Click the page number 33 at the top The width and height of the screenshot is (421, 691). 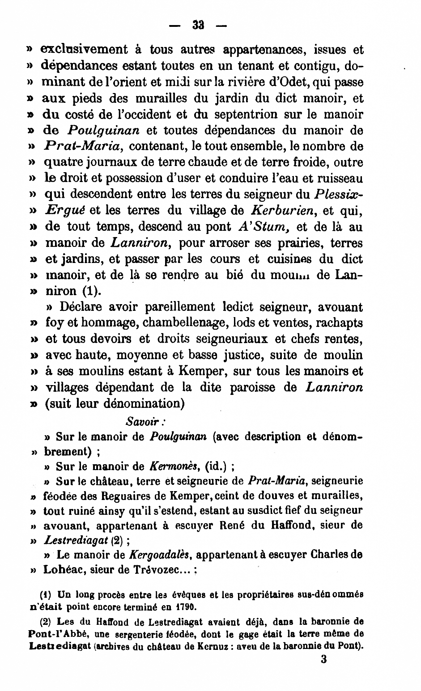[198, 25]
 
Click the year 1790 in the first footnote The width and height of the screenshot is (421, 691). [186, 607]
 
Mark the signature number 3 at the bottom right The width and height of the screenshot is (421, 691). [323, 659]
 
